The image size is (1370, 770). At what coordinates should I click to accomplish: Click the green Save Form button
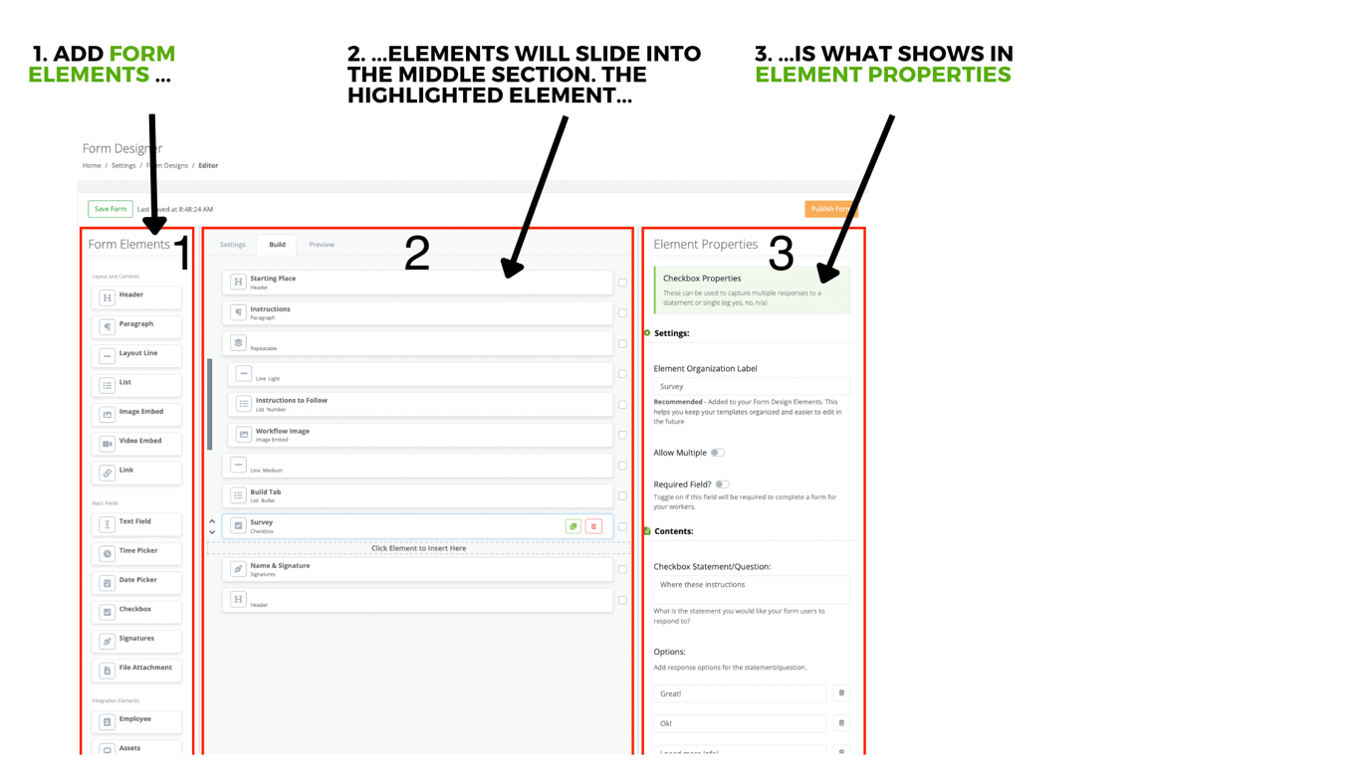point(110,209)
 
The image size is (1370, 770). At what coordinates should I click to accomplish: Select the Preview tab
point(321,245)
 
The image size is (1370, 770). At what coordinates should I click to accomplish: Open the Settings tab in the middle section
point(232,245)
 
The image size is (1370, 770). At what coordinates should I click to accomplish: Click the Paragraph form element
point(136,325)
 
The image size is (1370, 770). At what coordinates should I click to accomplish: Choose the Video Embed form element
point(136,443)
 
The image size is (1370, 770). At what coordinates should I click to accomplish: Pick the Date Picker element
point(136,581)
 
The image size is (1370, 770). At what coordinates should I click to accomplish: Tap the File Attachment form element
point(136,670)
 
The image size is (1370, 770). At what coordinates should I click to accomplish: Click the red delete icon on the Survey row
point(593,526)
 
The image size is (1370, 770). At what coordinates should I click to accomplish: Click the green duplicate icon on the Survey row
point(572,526)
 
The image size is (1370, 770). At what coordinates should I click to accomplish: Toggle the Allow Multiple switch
point(717,453)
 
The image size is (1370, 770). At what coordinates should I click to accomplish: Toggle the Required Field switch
point(722,484)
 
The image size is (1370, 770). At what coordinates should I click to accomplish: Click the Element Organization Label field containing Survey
point(751,386)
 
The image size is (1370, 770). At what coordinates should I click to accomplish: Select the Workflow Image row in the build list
point(418,435)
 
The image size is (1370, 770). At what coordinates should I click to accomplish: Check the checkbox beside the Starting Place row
point(622,283)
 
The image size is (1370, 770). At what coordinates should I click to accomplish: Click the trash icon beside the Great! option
point(841,693)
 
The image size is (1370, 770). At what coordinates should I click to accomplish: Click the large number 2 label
point(416,254)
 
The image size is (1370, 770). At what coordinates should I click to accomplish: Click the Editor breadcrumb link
point(208,166)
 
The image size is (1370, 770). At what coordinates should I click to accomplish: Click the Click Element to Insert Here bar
point(418,548)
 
